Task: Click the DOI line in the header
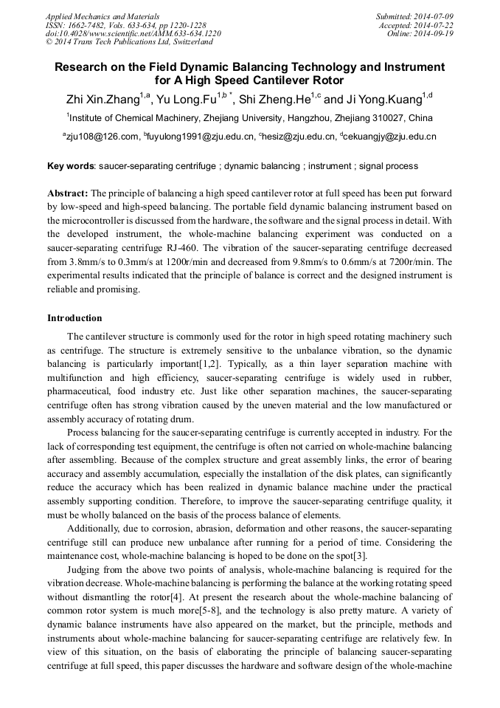[x=133, y=34]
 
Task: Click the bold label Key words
[x=70, y=166]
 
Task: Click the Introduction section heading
[x=74, y=318]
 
